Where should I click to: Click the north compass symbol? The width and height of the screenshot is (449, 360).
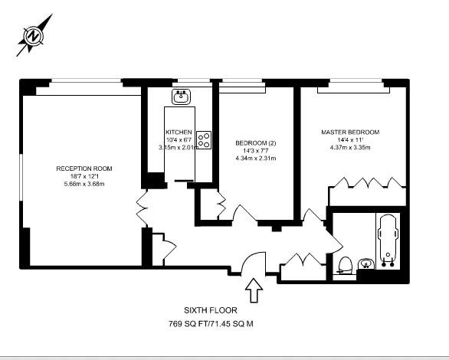34,35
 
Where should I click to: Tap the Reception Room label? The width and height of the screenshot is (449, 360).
84,169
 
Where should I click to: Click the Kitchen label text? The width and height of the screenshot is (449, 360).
179,132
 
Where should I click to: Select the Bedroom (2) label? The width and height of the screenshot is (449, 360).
255,143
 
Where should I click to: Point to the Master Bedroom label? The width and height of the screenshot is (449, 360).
349,132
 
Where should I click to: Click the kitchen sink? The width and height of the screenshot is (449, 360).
182,96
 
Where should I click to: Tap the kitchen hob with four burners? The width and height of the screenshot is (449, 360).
204,139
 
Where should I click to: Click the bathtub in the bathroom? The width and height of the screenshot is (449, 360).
388,238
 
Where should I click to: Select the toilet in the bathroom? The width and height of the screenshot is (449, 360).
346,265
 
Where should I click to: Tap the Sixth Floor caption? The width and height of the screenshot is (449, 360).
211,310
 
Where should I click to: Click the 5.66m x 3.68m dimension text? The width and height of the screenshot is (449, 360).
84,184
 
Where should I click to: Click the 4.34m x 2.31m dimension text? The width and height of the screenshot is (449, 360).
255,159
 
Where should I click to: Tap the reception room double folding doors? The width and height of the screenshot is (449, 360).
143,205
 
